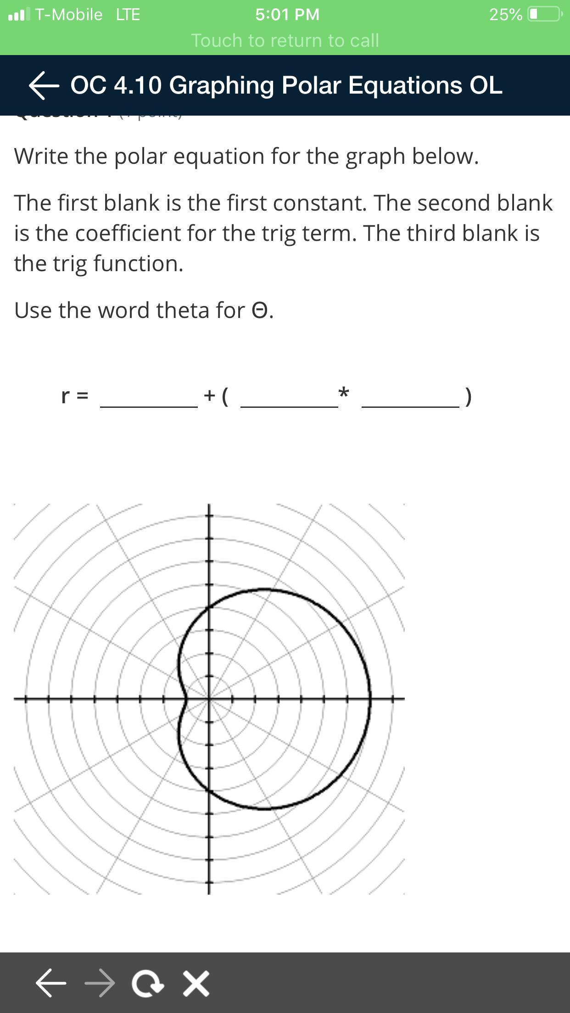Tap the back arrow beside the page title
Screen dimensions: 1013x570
pos(44,85)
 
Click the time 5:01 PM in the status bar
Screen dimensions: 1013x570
pos(287,15)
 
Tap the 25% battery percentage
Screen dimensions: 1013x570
pos(505,15)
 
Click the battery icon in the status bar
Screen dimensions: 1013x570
pos(545,14)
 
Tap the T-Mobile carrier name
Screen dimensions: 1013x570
pos(69,15)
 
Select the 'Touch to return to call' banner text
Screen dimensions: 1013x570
pos(285,40)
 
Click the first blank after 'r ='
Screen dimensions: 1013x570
pos(149,397)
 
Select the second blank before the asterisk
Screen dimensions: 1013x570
pos(289,397)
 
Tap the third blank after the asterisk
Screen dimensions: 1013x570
pos(410,397)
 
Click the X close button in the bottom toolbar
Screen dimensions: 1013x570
pos(196,983)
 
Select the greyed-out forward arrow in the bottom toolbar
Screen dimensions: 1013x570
pos(100,983)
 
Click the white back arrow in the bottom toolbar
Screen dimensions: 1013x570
pos(51,983)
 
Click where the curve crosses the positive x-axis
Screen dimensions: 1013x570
pos(370,699)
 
